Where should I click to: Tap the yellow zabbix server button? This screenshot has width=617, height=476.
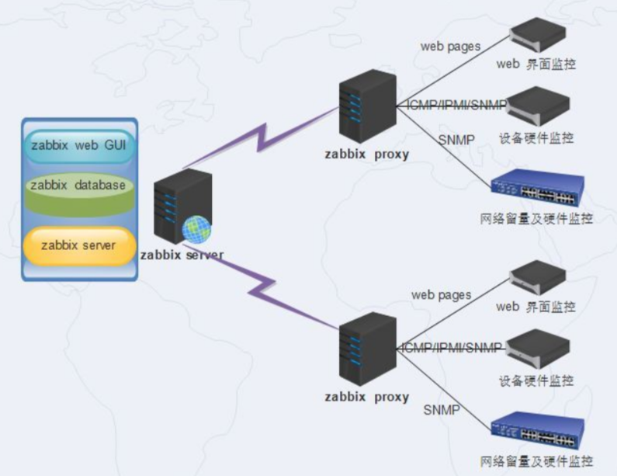(x=78, y=245)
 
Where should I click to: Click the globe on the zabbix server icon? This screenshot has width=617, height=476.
(x=196, y=229)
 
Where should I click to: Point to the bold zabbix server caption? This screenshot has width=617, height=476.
(x=182, y=255)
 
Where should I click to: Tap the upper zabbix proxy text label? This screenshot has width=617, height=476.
(x=366, y=154)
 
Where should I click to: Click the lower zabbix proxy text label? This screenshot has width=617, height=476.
(x=366, y=396)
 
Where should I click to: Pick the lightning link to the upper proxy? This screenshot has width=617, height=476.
(x=264, y=140)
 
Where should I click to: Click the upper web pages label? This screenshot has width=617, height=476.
(x=450, y=46)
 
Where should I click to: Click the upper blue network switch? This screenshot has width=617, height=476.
(x=538, y=189)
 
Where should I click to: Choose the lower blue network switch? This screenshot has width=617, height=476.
(x=538, y=429)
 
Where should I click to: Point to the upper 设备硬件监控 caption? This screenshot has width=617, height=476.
(x=536, y=138)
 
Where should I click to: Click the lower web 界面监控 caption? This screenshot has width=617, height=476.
(x=536, y=307)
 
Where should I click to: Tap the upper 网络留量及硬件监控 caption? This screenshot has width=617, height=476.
(x=536, y=218)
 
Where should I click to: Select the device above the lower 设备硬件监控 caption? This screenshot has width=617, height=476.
(x=538, y=348)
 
